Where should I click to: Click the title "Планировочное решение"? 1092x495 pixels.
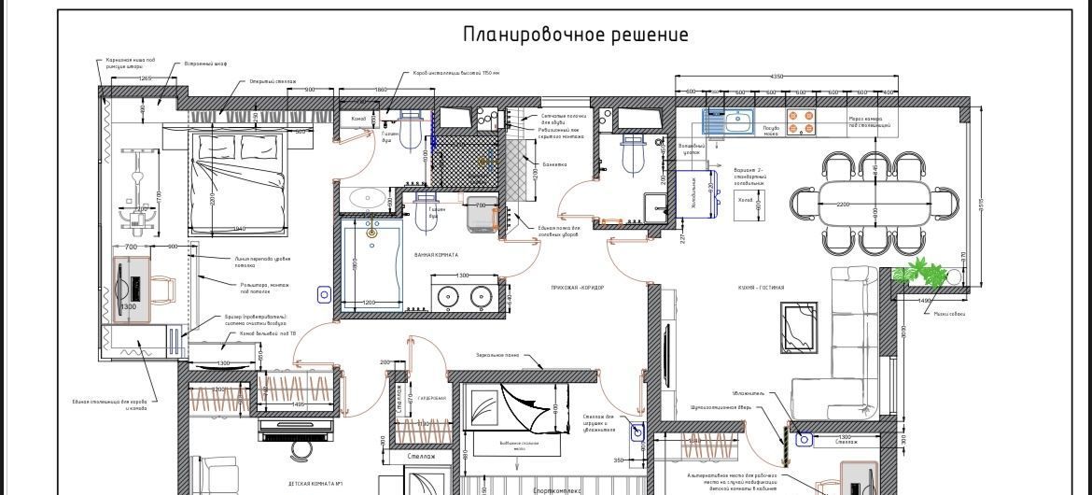tap(576, 35)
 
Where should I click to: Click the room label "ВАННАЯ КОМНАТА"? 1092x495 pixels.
tap(437, 255)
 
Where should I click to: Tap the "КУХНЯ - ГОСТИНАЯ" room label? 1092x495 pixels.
tap(762, 288)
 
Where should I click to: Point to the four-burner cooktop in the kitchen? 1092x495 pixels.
tap(800, 124)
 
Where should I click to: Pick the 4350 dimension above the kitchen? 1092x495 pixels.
tap(776, 77)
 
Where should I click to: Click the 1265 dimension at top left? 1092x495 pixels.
tap(145, 78)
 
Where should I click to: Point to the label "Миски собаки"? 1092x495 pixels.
tap(949, 314)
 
